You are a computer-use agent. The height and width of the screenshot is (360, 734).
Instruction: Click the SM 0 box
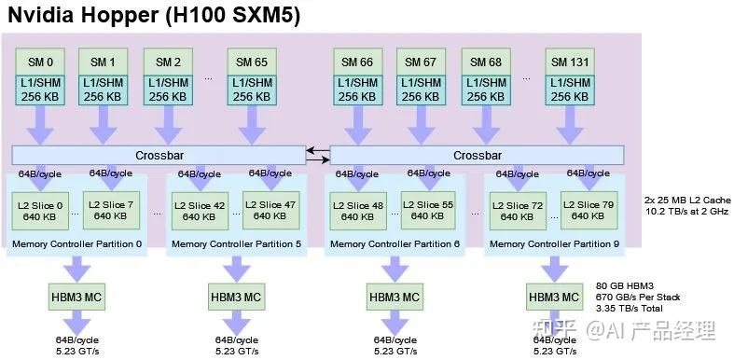[x=38, y=62]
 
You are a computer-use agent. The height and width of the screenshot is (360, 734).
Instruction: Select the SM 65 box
[x=252, y=62]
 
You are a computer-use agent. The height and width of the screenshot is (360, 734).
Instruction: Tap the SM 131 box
[x=569, y=62]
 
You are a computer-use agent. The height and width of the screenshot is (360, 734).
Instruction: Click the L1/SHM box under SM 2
[x=168, y=90]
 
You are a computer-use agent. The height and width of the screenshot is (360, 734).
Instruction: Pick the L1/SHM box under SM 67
[x=425, y=90]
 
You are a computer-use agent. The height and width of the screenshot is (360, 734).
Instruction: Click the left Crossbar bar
[x=159, y=155]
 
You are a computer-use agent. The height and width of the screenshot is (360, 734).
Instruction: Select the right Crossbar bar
[x=477, y=155]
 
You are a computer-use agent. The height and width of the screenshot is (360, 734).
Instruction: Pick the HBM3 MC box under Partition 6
[x=395, y=298]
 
